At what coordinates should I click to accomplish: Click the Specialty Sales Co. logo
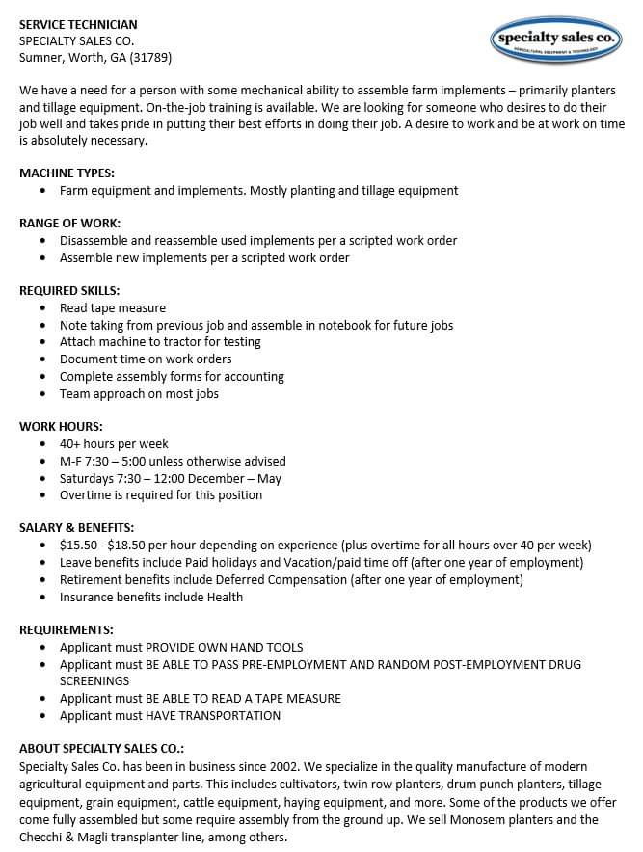(556, 40)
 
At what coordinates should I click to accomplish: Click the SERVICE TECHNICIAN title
(78, 24)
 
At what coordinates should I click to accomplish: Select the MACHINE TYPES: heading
(67, 173)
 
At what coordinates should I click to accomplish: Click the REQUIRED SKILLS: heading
(69, 291)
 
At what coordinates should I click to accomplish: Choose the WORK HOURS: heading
(61, 427)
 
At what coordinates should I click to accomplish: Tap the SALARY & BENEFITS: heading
(76, 528)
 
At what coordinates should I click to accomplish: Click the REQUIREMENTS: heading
(66, 630)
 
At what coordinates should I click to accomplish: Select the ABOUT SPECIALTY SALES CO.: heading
(101, 749)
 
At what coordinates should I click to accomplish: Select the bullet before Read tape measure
(44, 308)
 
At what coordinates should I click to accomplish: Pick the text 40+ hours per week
(114, 444)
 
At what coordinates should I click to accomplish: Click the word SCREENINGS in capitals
(94, 681)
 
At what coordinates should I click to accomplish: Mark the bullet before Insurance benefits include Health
(44, 598)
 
